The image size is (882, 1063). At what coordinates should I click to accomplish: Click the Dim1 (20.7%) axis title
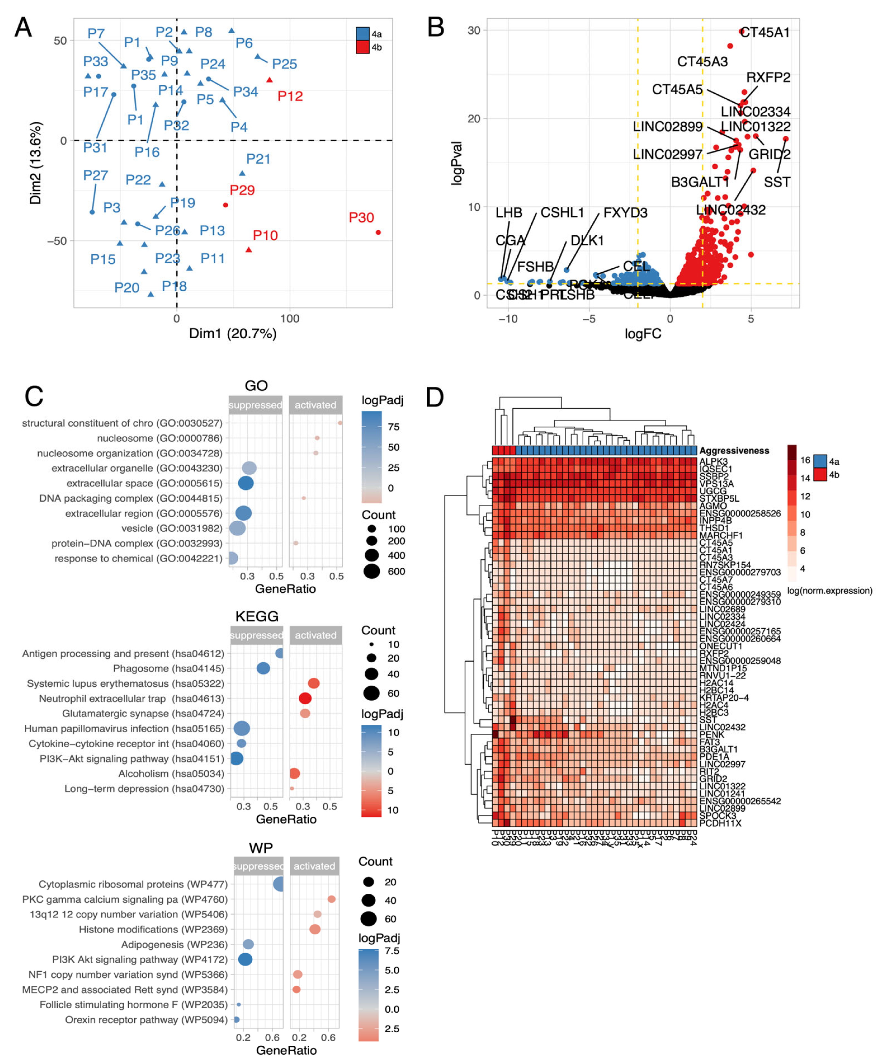click(x=233, y=334)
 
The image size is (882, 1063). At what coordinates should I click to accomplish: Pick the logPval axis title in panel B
click(x=457, y=163)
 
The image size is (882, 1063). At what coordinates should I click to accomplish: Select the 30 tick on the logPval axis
click(x=474, y=30)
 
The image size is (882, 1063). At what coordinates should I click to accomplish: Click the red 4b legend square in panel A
click(x=362, y=47)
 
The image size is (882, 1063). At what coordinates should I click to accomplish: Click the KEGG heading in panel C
click(x=257, y=616)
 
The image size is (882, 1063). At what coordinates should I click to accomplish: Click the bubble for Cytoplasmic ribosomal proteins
click(x=279, y=884)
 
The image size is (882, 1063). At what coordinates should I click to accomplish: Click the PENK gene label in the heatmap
click(x=711, y=735)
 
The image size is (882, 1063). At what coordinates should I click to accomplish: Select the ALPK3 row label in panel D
click(x=713, y=462)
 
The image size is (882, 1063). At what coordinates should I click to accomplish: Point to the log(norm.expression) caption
click(x=829, y=591)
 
